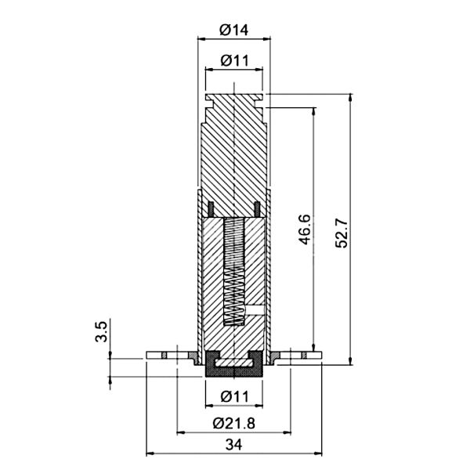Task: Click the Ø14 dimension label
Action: [233, 30]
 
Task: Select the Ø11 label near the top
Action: [233, 60]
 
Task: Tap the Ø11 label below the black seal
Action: [233, 396]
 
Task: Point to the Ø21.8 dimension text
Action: [233, 423]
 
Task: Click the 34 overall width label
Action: [233, 445]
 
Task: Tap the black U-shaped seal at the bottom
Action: [233, 366]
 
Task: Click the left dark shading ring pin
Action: [211, 208]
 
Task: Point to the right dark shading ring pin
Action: [257, 208]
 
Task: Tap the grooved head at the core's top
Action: [233, 99]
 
